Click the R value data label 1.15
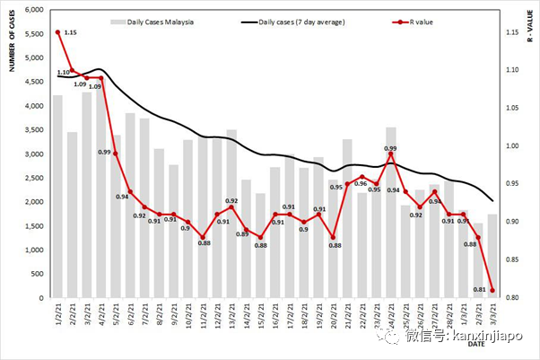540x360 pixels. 71,32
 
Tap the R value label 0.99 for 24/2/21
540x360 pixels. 390,148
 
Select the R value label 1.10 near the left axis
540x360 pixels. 64,73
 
